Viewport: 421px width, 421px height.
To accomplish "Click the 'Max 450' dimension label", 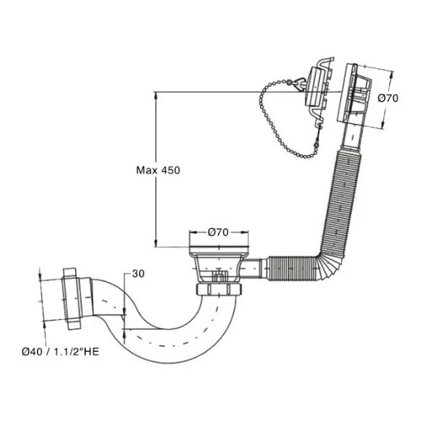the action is pyautogui.click(x=158, y=170).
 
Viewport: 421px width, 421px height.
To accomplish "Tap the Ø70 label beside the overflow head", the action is pyautogui.click(x=387, y=99).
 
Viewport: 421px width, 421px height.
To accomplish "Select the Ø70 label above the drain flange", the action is pyautogui.click(x=218, y=232).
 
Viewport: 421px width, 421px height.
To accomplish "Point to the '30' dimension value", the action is pyautogui.click(x=138, y=274).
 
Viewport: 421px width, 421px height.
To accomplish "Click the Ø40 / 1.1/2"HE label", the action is pyautogui.click(x=61, y=352).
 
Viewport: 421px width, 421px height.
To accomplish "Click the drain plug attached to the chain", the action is pyautogui.click(x=318, y=90).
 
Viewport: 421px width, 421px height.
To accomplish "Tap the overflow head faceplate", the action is pyautogui.click(x=346, y=93).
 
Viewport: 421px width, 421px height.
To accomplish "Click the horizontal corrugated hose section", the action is pyautogui.click(x=292, y=268).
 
